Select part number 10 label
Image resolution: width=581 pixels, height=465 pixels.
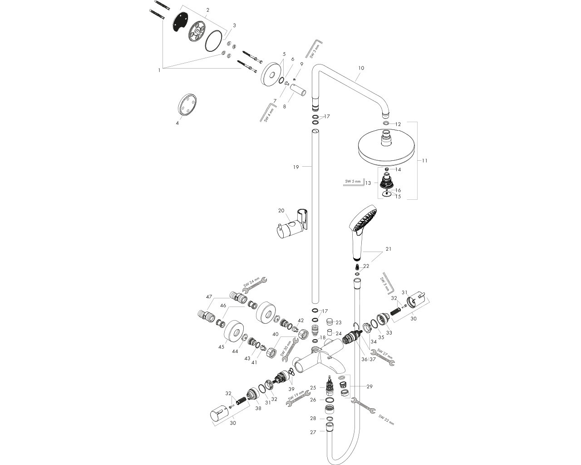point(361,68)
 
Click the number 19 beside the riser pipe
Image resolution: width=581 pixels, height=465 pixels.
point(295,167)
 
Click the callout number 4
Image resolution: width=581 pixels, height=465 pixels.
point(177,123)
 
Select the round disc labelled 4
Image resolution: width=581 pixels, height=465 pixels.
point(187,105)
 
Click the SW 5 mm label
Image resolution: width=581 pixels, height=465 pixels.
point(352,182)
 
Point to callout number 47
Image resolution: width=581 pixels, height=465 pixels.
point(209,297)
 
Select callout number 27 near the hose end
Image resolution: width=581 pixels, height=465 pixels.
point(313,433)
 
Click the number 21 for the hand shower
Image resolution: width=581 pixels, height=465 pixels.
point(388,249)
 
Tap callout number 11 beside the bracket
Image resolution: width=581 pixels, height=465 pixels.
point(424,160)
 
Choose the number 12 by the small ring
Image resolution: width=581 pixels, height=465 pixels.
point(398,124)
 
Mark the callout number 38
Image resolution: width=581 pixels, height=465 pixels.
point(258,408)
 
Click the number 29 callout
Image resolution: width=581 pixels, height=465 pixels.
point(369,386)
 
